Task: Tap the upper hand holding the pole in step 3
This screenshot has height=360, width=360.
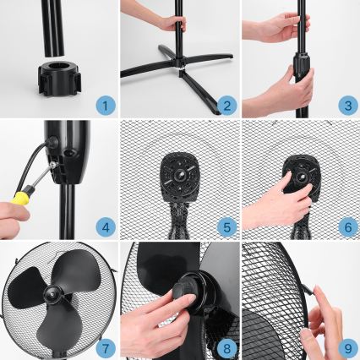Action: click(x=273, y=28)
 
